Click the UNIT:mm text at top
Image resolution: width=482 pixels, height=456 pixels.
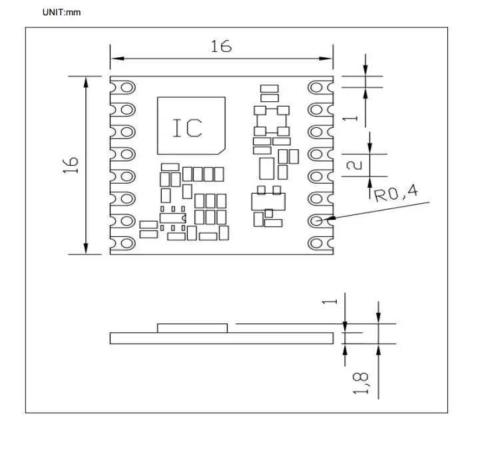point(61,12)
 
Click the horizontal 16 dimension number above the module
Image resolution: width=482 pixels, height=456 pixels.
point(221,46)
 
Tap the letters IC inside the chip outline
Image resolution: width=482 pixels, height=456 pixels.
point(187,128)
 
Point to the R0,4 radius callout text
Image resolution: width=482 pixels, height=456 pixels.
point(395,194)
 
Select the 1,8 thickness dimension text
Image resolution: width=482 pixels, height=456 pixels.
point(360,383)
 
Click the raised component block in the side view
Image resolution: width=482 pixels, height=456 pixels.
point(192,328)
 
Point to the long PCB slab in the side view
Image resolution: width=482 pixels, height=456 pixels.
point(221,338)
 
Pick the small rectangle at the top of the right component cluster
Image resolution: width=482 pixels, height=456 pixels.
point(269,89)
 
